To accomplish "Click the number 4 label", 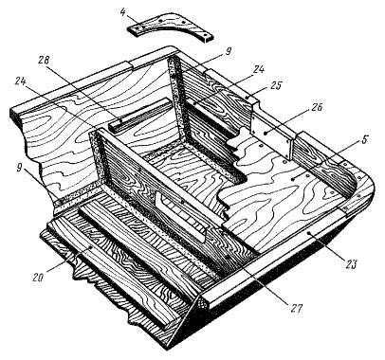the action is tap(122, 12).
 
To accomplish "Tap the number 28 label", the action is tap(44, 60).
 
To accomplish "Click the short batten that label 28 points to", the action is tap(141, 115).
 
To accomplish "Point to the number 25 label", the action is tap(276, 85).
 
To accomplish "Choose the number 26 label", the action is tap(316, 108).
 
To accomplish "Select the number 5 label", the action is tap(364, 139).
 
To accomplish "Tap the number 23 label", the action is tap(351, 263).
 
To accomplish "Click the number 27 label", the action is tap(297, 308).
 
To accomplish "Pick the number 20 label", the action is tap(38, 278).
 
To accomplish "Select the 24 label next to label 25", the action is tap(258, 69).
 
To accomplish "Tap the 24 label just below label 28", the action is tap(22, 81).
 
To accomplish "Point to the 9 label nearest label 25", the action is tap(229, 51).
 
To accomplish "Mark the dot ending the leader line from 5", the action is tap(293, 179).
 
